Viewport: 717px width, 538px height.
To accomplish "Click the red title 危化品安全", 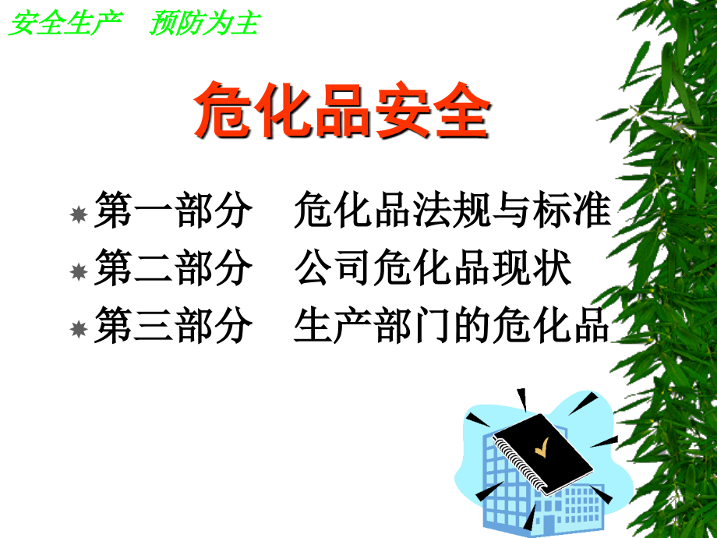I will coord(342,112).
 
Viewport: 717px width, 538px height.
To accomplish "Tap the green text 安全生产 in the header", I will coord(65,24).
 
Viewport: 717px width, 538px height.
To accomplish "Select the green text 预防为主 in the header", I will coord(203,24).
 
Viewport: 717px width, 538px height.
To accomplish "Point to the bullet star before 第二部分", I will coord(78,272).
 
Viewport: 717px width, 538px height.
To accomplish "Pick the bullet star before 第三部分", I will coord(78,330).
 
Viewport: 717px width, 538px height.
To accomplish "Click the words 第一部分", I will coord(173,212).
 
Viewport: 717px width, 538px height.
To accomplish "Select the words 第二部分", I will coord(173,269).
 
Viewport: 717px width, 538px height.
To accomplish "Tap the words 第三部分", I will coord(173,326).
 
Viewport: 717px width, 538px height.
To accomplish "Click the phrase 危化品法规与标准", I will coord(452,212).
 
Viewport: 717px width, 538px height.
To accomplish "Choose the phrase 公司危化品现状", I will coord(433,269).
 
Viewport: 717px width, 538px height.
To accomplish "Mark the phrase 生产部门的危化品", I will coord(452,326).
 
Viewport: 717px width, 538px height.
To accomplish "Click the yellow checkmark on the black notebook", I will coord(540,448).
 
